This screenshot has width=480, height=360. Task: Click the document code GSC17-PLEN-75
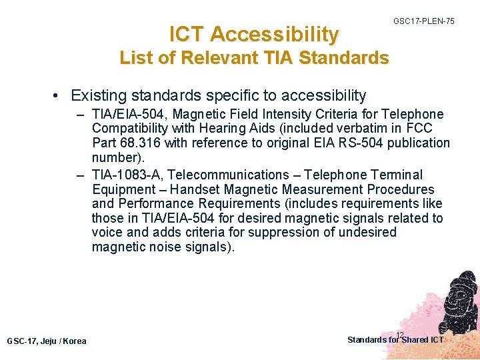click(423, 21)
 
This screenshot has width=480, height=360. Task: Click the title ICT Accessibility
click(254, 33)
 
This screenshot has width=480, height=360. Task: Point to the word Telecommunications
click(231, 175)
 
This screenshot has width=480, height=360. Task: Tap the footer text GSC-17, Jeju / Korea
click(47, 341)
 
